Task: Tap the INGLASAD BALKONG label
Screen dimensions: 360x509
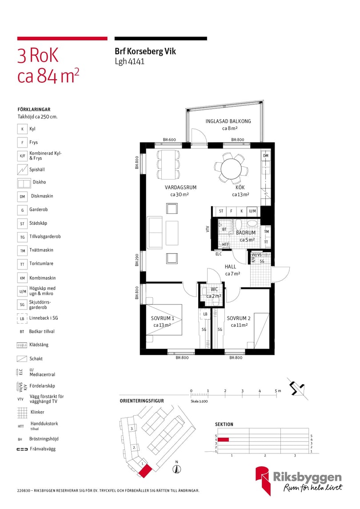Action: pos(228,121)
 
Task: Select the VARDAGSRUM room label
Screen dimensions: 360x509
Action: pos(180,187)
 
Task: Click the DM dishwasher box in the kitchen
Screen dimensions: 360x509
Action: pos(265,156)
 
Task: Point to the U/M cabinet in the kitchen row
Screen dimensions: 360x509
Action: pos(252,211)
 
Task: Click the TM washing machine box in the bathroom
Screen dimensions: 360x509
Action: pos(266,232)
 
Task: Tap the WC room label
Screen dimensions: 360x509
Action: pos(214,289)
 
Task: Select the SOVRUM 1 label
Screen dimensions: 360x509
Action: pos(162,318)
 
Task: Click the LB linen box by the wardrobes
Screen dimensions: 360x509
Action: pos(205,314)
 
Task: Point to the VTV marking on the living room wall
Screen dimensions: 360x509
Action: pos(208,229)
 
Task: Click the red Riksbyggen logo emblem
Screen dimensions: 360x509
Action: pos(264,481)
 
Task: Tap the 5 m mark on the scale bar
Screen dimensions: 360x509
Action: pos(276,391)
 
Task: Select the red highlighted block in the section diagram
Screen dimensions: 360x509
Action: pos(223,440)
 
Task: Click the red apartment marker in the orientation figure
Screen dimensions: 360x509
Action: pos(145,471)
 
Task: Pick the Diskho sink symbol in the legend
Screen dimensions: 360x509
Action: pos(24,183)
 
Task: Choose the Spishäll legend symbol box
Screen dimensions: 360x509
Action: pos(22,169)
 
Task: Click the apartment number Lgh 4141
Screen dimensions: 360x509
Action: pos(129,61)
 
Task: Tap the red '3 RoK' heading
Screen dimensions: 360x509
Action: pos(38,55)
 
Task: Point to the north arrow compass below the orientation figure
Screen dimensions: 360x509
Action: pos(177,469)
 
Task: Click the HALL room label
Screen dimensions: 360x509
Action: pos(231,267)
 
